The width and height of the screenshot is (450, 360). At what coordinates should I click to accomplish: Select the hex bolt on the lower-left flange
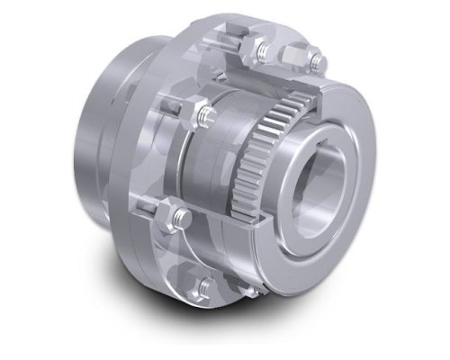point(181,216)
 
